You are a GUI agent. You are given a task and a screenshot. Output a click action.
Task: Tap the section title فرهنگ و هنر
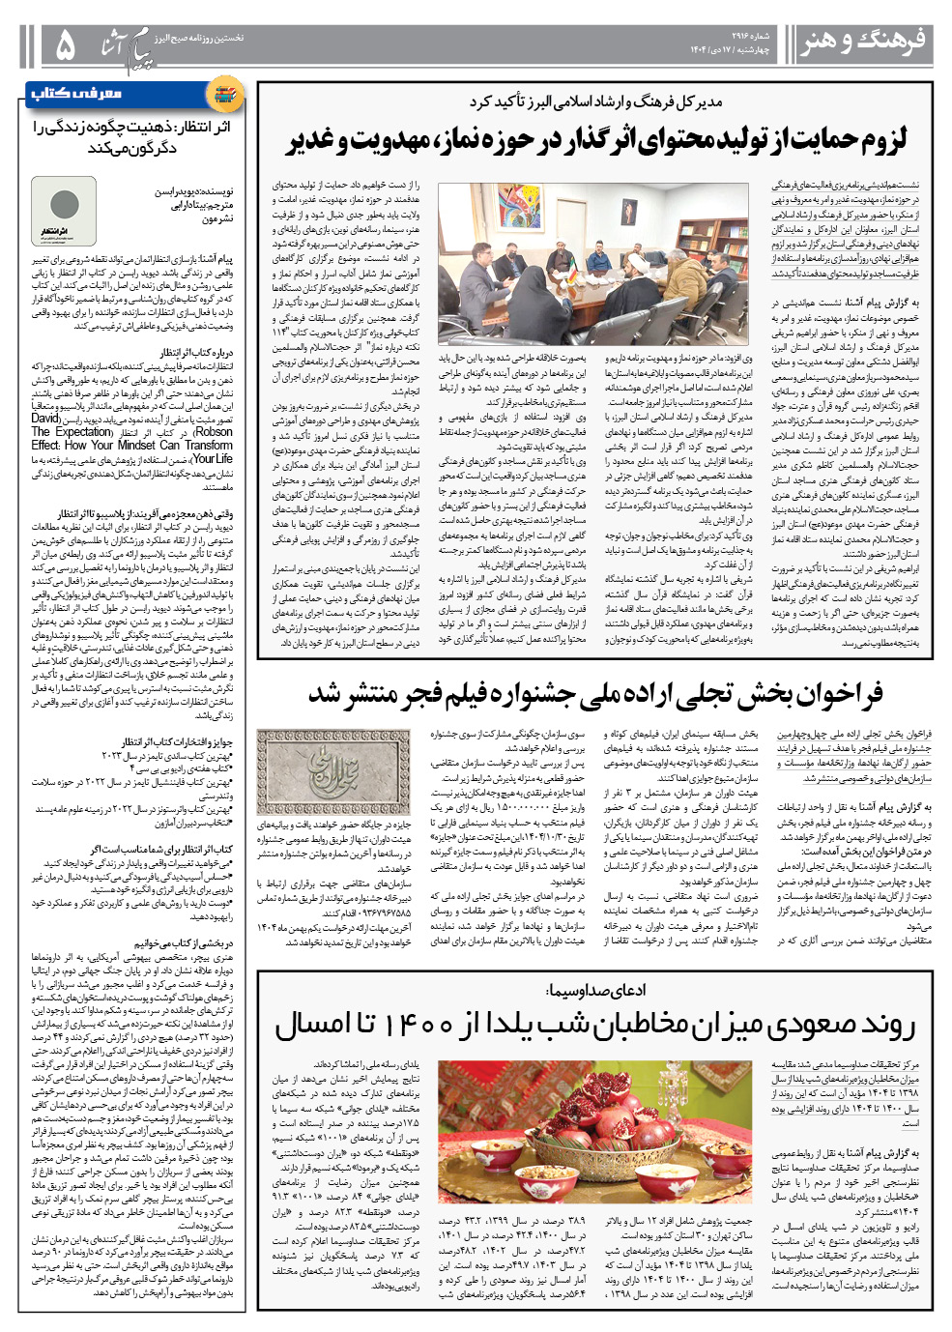[x=863, y=42]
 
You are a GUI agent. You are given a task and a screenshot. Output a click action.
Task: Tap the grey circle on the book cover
[x=64, y=204]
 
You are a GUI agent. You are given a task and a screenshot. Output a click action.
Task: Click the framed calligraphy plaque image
[x=333, y=772]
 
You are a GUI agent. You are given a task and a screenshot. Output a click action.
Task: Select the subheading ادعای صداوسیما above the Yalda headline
[x=595, y=990]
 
